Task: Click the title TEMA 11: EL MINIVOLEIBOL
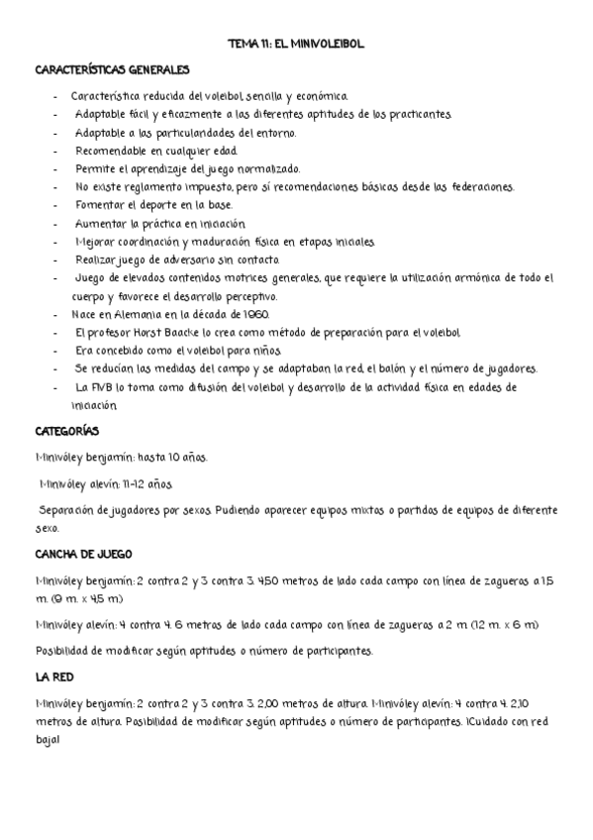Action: [297, 46]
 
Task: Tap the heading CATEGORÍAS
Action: [65, 432]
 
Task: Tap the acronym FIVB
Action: [104, 386]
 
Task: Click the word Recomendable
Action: [110, 151]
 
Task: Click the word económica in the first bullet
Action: [318, 97]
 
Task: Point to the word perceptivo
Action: [251, 296]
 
